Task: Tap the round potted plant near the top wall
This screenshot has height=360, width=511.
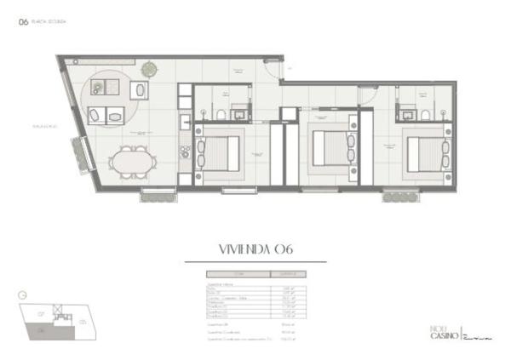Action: click(150, 65)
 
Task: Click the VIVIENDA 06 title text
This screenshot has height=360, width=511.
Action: click(255, 249)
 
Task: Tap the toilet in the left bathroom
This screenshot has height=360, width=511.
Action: click(220, 113)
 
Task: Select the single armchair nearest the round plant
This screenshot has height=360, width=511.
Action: click(139, 91)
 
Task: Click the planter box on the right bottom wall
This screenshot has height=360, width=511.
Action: click(398, 197)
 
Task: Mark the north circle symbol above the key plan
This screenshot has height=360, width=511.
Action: click(23, 297)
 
